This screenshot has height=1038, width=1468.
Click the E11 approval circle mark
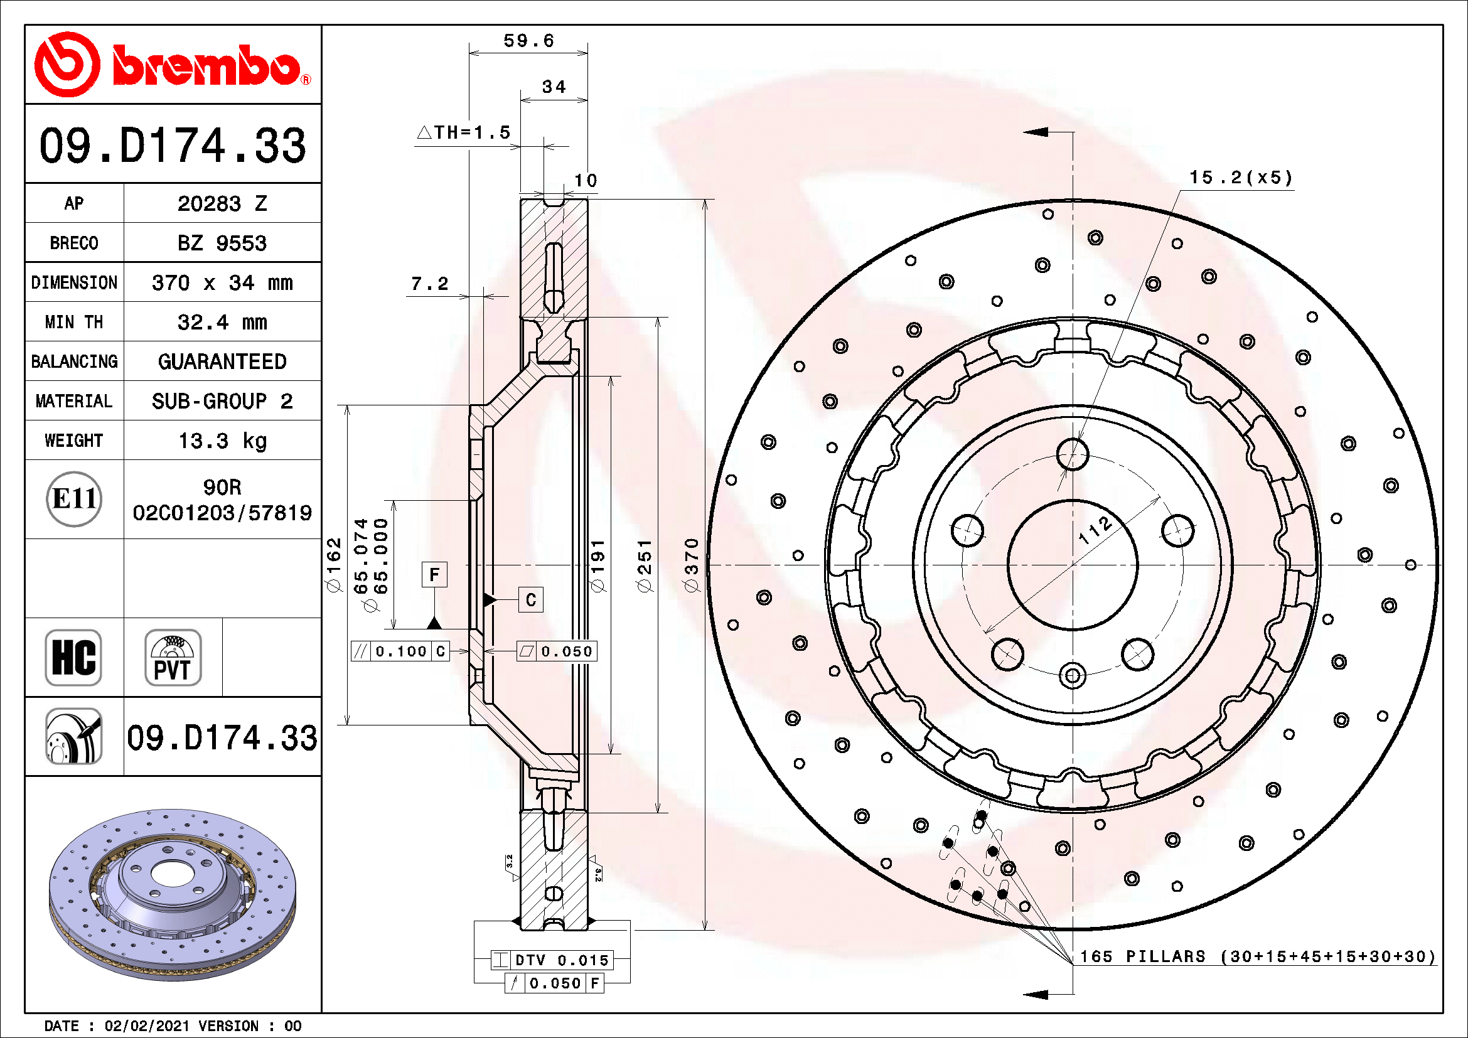click(x=74, y=498)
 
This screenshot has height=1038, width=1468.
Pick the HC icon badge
click(x=73, y=657)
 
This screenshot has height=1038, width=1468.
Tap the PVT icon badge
click(x=173, y=657)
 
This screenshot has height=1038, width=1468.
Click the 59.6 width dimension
click(x=528, y=41)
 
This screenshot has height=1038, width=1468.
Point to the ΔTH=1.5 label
click(x=464, y=132)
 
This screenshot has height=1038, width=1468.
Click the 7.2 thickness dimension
click(x=430, y=283)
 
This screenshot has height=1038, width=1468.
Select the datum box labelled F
click(x=434, y=575)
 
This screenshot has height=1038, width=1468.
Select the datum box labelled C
click(x=531, y=599)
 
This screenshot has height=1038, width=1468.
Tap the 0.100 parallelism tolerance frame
click(x=400, y=651)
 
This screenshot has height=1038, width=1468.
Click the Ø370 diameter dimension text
click(x=691, y=565)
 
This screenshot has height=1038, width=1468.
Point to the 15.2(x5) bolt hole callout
click(x=1240, y=177)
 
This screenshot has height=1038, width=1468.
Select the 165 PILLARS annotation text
click(x=1257, y=956)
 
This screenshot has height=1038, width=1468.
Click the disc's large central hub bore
click(x=1072, y=565)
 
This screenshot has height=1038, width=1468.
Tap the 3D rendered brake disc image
click(x=173, y=895)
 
